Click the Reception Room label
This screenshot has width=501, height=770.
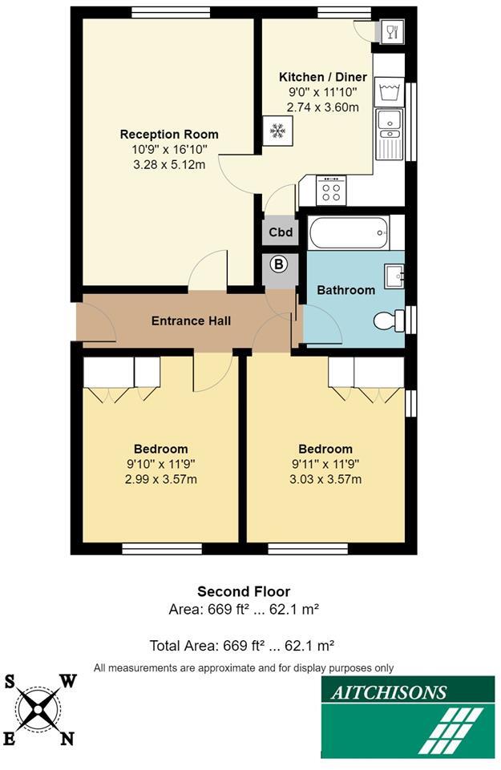click(168, 135)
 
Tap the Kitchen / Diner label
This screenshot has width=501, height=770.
click(322, 77)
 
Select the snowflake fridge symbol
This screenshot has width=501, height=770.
click(277, 131)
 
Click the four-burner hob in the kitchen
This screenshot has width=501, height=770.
click(331, 191)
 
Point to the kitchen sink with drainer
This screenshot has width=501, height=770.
click(390, 132)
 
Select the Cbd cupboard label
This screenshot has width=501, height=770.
click(279, 233)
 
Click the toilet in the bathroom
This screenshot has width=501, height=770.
click(390, 320)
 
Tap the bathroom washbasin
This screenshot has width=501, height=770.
click(395, 276)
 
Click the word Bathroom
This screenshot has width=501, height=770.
click(345, 290)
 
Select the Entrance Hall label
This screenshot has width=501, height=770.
click(191, 321)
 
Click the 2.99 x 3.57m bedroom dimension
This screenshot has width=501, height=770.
click(160, 479)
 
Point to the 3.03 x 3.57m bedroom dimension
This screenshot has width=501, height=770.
click(325, 479)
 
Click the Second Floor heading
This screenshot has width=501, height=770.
click(244, 592)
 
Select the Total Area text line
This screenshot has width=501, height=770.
click(241, 645)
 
